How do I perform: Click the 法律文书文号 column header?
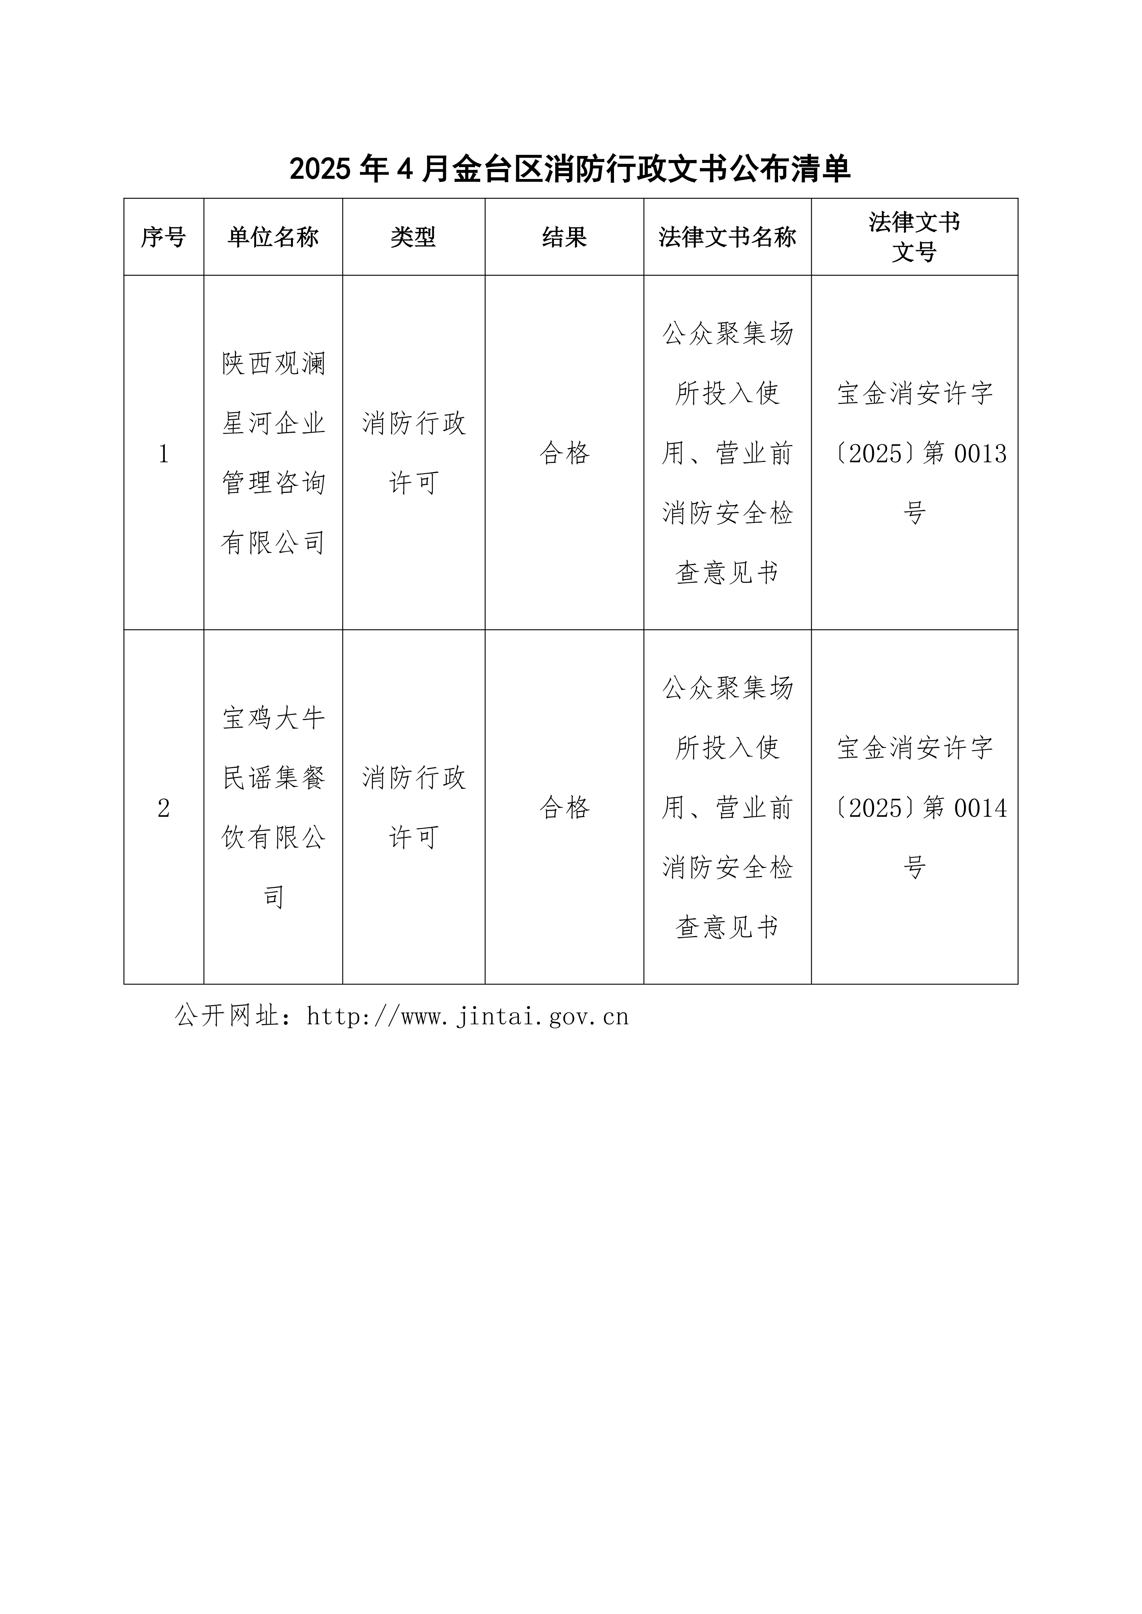(914, 237)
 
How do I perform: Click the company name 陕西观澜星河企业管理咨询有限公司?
(274, 453)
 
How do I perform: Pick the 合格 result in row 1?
(564, 453)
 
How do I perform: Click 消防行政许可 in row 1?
(414, 453)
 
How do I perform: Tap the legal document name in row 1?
(727, 453)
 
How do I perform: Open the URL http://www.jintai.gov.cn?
(468, 1017)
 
